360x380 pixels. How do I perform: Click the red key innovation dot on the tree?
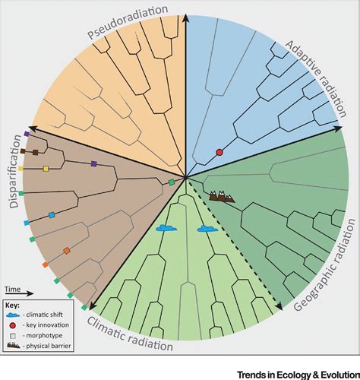pos(219,153)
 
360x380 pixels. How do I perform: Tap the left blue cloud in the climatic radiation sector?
pos(166,226)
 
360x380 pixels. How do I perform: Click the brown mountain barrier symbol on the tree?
pos(221,196)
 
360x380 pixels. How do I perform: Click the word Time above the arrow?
pos(13,290)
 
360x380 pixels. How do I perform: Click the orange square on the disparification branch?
pos(67,250)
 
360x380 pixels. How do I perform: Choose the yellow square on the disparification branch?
pos(46,168)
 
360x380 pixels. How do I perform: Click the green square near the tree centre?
pos(172,182)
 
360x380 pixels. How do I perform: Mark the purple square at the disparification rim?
pos(27,133)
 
